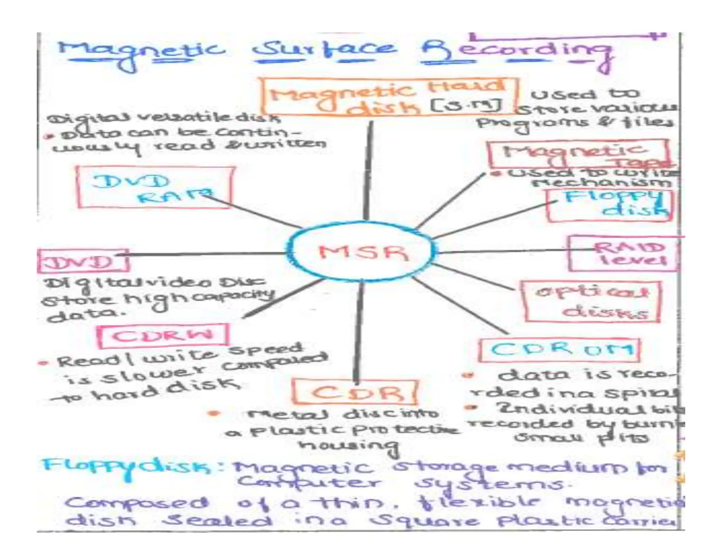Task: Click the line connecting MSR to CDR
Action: coord(359,332)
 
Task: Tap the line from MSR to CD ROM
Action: coord(458,305)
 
